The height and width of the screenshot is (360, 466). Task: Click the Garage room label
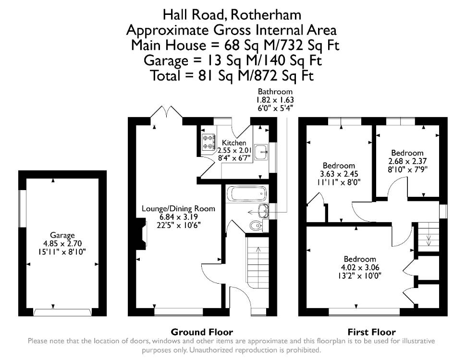pyautogui.click(x=62, y=235)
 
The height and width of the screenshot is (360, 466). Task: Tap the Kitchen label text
pyautogui.click(x=234, y=143)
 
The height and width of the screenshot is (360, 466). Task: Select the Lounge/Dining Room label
pyautogui.click(x=178, y=208)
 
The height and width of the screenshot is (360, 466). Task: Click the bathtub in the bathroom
pyautogui.click(x=247, y=194)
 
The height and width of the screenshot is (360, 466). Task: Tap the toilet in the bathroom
pyautogui.click(x=256, y=226)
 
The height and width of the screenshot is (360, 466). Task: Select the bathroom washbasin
pyautogui.click(x=264, y=211)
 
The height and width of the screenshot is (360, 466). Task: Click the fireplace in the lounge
pyautogui.click(x=142, y=233)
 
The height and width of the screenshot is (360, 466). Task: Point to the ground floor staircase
pyautogui.click(x=258, y=262)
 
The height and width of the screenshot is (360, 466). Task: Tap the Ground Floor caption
pyautogui.click(x=202, y=332)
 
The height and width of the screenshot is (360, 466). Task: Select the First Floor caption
pyautogui.click(x=371, y=332)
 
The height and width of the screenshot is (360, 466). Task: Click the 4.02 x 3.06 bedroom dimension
pyautogui.click(x=360, y=267)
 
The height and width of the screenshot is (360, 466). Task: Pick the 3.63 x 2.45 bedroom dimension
pyautogui.click(x=339, y=174)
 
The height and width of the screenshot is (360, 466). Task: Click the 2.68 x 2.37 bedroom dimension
pyautogui.click(x=407, y=161)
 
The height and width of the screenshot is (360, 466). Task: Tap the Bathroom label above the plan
pyautogui.click(x=275, y=92)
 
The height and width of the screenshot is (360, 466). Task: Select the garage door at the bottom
pyautogui.click(x=62, y=312)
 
